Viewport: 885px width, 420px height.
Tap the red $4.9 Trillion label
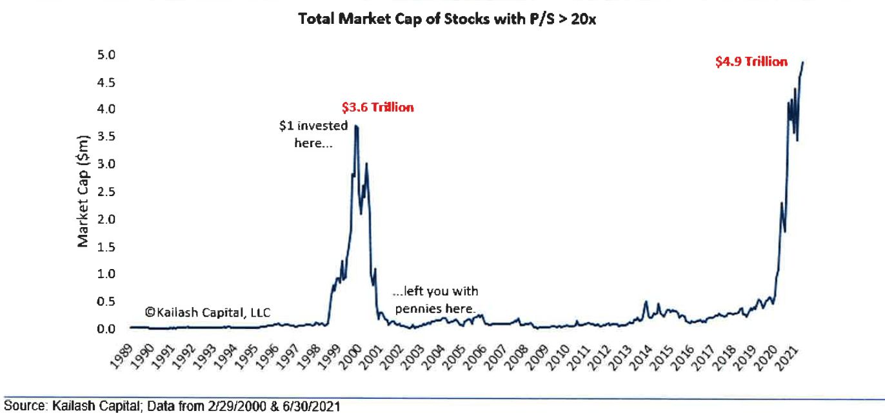pyautogui.click(x=751, y=62)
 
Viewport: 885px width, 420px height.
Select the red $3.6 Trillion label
pyautogui.click(x=378, y=107)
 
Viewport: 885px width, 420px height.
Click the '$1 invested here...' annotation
pyautogui.click(x=313, y=134)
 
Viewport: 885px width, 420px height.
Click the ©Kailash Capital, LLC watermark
pyautogui.click(x=207, y=313)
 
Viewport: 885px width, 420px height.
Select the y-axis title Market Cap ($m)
pyautogui.click(x=83, y=191)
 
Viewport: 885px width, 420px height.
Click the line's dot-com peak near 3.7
pyautogui.click(x=356, y=126)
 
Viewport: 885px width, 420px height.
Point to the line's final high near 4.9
pyautogui.click(x=802, y=63)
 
